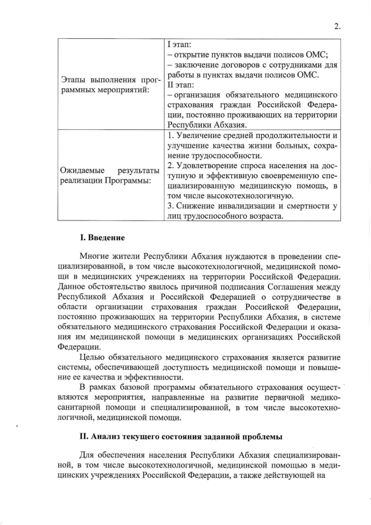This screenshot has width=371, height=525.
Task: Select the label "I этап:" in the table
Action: [181, 45]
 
